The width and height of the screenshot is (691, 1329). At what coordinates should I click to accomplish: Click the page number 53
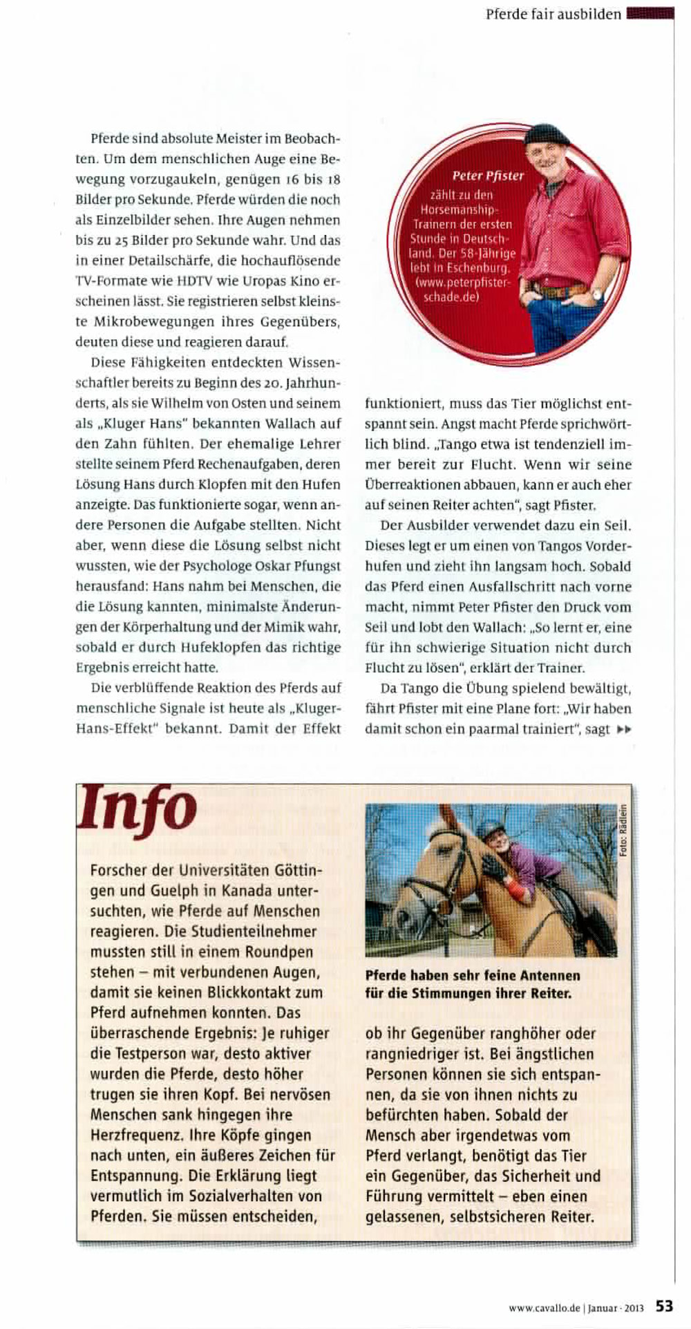[x=665, y=1306]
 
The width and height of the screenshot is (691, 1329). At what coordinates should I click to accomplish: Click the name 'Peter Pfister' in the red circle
[x=488, y=176]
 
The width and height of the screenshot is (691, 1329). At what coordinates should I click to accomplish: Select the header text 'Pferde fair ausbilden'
[x=553, y=14]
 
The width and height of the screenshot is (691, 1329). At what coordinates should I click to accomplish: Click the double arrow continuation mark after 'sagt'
[x=623, y=729]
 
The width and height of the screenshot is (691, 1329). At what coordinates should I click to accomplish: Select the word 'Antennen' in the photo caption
[x=546, y=976]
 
